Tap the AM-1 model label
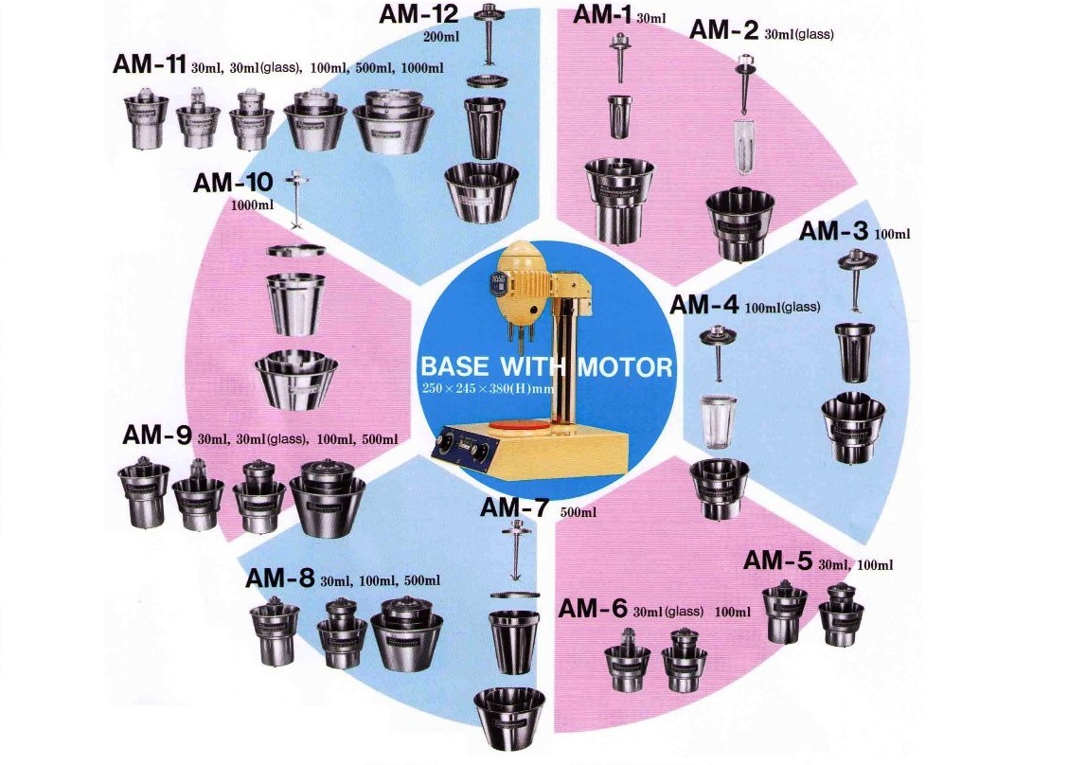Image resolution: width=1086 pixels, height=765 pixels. click(600, 14)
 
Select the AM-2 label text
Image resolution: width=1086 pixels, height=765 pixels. click(723, 29)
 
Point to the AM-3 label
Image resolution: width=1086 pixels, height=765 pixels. click(833, 230)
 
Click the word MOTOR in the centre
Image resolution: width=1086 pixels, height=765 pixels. click(625, 366)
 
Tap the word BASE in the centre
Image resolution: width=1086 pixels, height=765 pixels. click(454, 366)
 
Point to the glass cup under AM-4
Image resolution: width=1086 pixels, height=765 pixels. click(719, 421)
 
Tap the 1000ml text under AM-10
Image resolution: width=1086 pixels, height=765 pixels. click(252, 205)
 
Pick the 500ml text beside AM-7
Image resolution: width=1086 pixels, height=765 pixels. click(578, 512)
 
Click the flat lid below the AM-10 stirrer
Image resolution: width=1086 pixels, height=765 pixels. click(296, 250)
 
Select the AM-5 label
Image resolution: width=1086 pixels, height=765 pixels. click(777, 560)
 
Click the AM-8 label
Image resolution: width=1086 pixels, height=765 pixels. click(280, 578)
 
